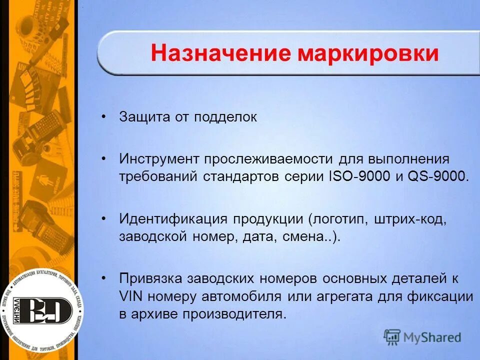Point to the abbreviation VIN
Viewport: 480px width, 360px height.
(131, 296)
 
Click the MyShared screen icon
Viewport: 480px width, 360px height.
(392, 337)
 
